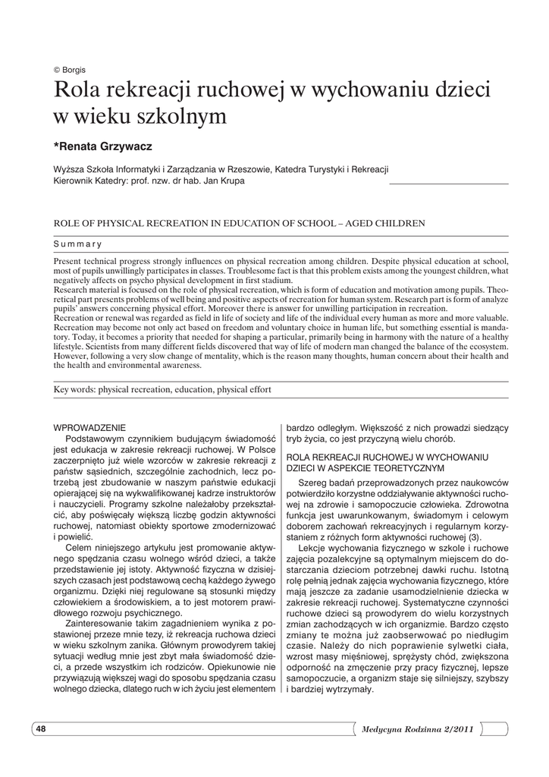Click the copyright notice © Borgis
(x=69, y=68)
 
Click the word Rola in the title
(x=76, y=91)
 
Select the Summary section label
(x=78, y=244)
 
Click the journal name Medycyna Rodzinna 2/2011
(x=418, y=729)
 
